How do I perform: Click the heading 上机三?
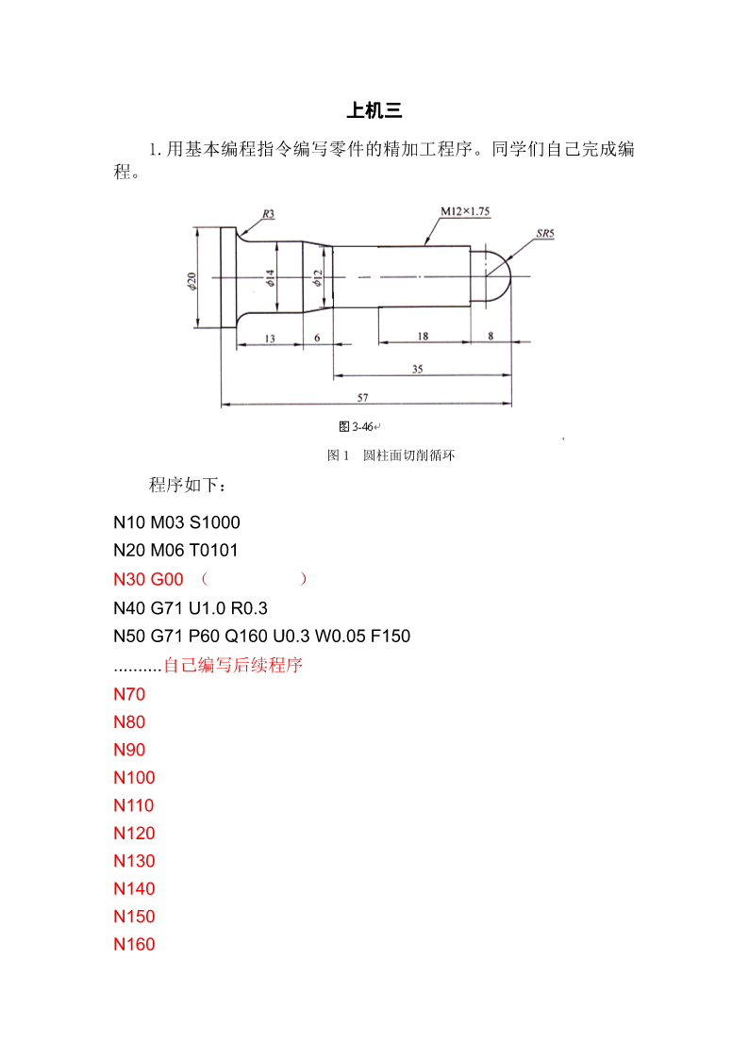374,110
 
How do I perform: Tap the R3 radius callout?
269,214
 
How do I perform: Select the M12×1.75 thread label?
465,211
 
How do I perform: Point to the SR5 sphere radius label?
545,234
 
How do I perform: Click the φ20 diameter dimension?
191,281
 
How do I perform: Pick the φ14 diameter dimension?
270,277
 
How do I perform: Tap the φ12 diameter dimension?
318,277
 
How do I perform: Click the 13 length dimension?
270,339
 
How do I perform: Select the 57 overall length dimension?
362,397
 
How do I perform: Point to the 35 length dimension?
417,369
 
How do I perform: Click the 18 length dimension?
423,336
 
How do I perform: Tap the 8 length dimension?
491,336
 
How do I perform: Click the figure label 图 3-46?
357,427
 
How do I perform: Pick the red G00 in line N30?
167,579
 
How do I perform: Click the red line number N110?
134,805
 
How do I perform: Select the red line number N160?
134,945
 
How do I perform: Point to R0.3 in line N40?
249,608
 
